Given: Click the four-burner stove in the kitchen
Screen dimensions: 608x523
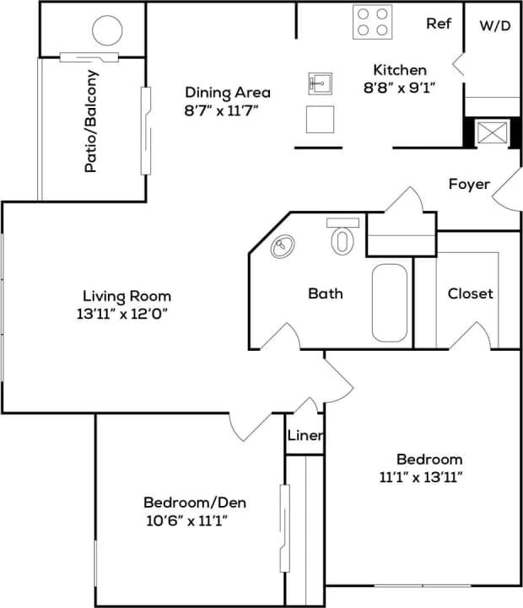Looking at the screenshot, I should point(372,22).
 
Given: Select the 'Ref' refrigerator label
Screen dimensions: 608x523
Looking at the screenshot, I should point(438,24).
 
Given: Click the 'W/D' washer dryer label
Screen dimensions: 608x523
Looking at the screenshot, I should point(495,25).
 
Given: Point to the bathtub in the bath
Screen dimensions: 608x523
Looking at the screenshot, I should point(389,302).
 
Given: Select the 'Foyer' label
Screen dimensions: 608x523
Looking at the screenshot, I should point(469,184).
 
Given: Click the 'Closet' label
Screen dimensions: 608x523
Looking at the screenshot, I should point(470,293).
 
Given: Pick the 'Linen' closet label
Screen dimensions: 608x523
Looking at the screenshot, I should point(304,436).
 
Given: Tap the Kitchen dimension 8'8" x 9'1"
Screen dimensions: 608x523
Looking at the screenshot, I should point(401,86).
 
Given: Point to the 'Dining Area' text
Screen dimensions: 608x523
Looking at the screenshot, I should point(228,92).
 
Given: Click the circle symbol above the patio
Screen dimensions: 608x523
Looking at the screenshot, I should point(108,33).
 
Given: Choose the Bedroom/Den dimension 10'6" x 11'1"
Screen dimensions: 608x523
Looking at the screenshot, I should point(186,520).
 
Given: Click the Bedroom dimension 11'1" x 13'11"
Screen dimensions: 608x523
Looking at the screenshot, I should point(422,476).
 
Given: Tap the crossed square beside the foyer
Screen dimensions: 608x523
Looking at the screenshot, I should point(490,134).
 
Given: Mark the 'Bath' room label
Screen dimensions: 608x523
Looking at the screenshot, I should point(325,293).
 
